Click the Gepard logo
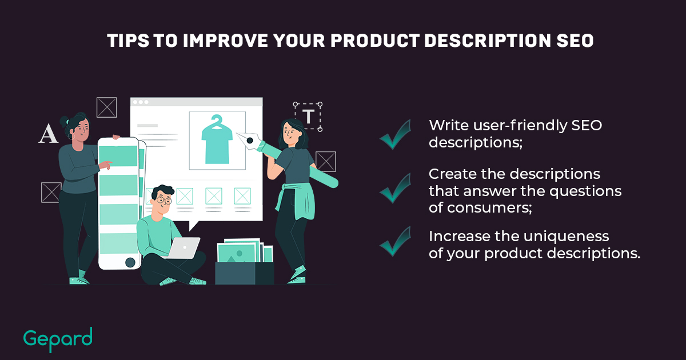58,339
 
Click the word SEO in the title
575,41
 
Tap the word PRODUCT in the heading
375,41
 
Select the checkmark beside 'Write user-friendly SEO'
395,135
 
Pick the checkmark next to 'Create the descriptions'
395,188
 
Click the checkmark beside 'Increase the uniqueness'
395,242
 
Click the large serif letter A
49,134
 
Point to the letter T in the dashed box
308,117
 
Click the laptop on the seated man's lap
184,248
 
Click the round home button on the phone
130,262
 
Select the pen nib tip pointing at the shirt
237,134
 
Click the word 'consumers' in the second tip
489,208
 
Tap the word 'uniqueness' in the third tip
567,237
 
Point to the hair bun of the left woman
63,121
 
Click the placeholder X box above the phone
106,107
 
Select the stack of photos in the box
245,250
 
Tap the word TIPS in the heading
128,41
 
